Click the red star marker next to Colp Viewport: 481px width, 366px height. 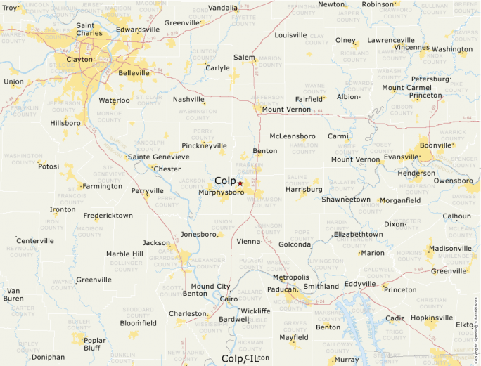(x=240, y=183)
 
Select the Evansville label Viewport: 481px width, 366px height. (x=402, y=157)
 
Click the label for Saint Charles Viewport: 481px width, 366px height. (x=89, y=29)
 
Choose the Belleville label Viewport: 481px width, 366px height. (x=134, y=72)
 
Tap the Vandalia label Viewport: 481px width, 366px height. (x=223, y=8)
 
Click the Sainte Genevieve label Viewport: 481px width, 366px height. (x=159, y=157)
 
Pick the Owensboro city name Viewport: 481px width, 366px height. (x=454, y=181)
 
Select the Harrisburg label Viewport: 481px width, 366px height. (x=304, y=189)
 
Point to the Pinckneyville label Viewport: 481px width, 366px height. (x=204, y=145)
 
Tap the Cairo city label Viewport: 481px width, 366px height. (x=229, y=299)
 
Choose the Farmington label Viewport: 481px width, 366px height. (x=102, y=186)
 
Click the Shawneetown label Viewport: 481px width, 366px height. (x=346, y=200)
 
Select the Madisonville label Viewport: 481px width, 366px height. (x=450, y=248)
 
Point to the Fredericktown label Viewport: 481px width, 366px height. (x=108, y=216)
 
